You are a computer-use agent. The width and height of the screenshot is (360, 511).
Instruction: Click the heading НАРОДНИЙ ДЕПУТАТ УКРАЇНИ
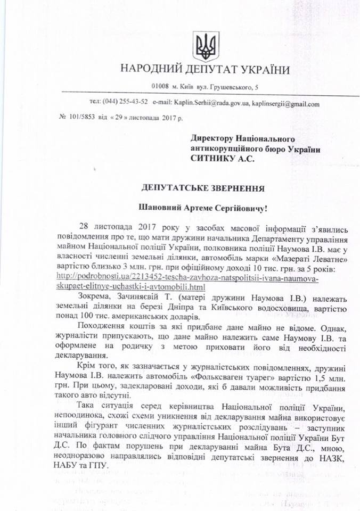pyautogui.click(x=205, y=70)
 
